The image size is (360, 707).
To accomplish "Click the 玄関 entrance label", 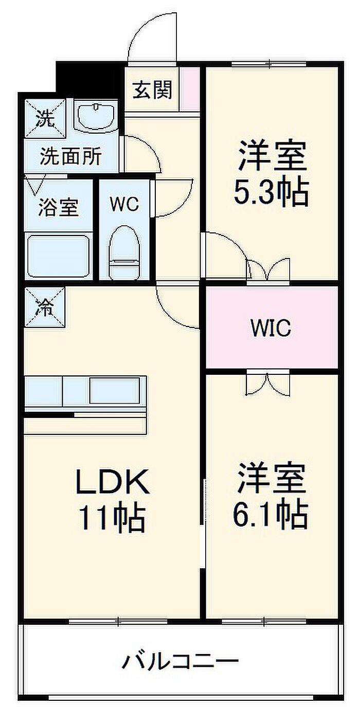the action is click(152, 89).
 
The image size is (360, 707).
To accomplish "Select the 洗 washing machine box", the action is click(45, 118).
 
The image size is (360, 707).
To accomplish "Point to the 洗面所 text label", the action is click(71, 156).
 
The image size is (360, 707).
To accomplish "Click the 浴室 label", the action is click(59, 207).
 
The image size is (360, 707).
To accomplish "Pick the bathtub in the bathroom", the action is click(59, 256).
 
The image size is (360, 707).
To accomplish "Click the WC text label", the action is click(124, 204).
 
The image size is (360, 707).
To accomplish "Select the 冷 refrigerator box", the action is click(45, 307).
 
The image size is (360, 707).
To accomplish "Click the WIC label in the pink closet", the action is click(271, 328).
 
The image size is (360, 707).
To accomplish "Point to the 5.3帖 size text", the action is click(271, 192).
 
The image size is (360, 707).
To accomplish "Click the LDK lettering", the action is click(112, 482).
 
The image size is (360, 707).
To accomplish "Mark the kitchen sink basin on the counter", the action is click(115, 390).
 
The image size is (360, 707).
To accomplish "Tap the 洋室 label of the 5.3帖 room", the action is click(272, 156).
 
